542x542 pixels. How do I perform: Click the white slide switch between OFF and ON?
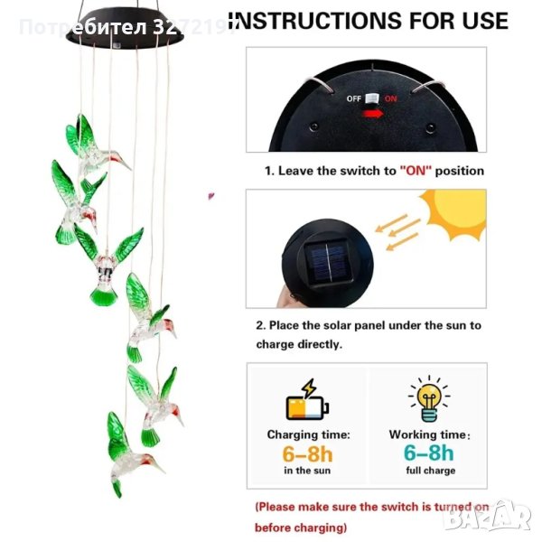coord(372,98)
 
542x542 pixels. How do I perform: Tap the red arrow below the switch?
coord(372,114)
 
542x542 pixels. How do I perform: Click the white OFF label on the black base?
coord(353,98)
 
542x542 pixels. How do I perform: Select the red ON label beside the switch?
coord(390,98)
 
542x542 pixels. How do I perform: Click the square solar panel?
coord(327,262)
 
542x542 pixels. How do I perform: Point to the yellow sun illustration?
coord(453,214)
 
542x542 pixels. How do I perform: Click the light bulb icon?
coord(429,398)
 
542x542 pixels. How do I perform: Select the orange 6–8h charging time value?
coord(307,453)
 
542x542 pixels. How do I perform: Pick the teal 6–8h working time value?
coord(428,453)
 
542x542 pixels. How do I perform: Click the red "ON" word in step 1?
coord(416,171)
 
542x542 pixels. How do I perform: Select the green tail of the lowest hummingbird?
coord(117,487)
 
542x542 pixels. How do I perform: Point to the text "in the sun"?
coord(307,471)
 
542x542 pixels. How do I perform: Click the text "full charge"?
coord(430,471)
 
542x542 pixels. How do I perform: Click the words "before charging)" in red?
coord(301,528)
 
